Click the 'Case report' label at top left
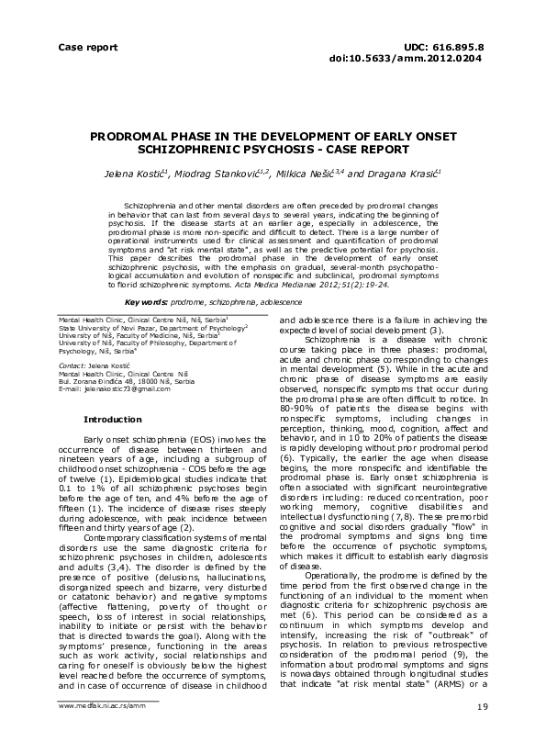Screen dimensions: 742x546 click(x=89, y=45)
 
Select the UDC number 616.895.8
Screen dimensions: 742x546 click(x=462, y=45)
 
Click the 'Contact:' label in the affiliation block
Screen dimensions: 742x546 click(x=72, y=365)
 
